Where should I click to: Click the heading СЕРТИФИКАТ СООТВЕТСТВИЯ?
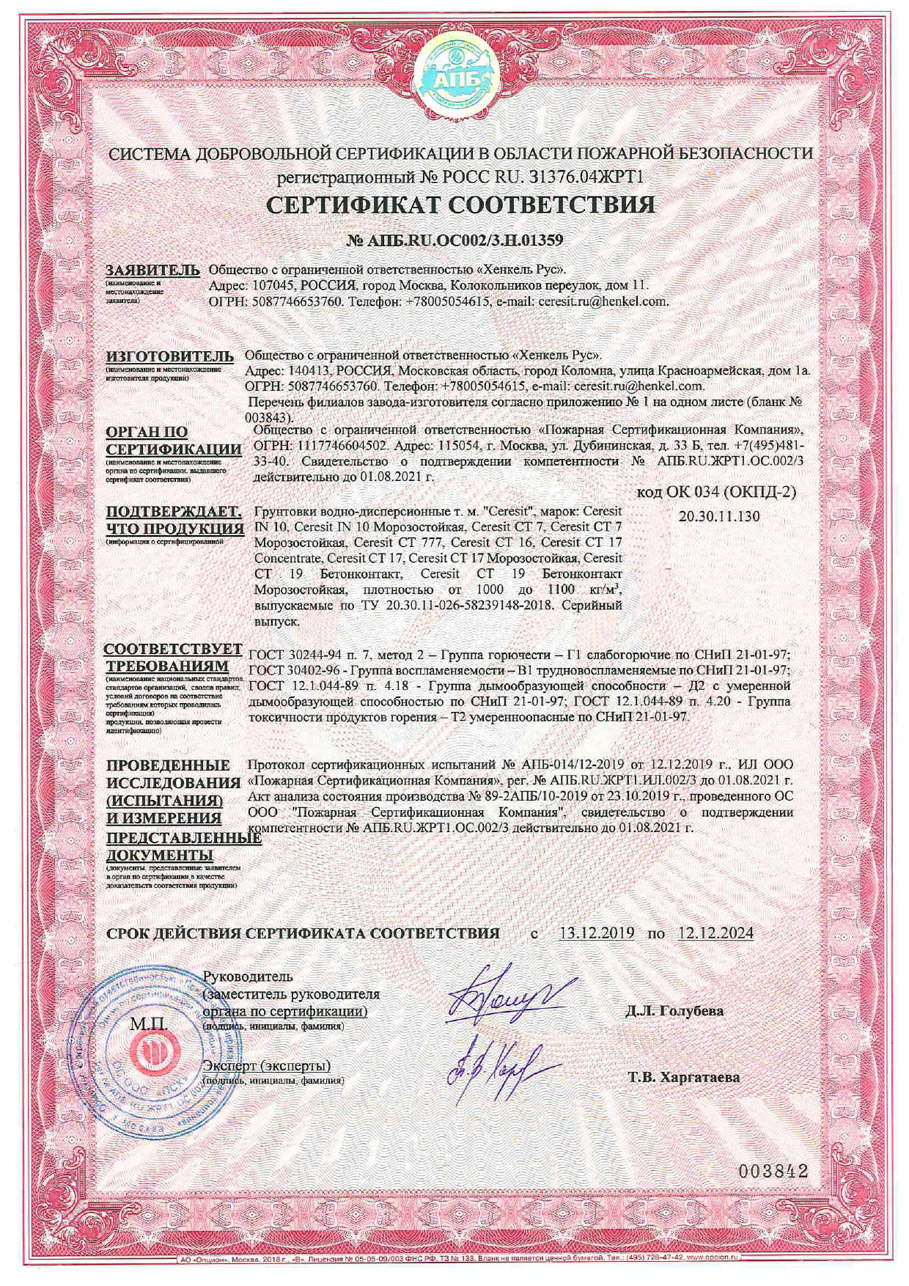point(460,204)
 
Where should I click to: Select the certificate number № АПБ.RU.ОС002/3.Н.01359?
point(454,240)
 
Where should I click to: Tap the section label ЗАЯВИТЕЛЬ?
point(152,269)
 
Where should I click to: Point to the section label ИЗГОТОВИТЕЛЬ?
point(170,356)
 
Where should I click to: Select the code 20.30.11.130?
point(719,516)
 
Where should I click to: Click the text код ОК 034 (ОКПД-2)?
point(715,491)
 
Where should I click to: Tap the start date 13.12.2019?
point(597,933)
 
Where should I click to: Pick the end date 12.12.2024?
point(715,933)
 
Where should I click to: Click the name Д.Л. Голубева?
point(674,1011)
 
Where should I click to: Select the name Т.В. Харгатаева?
point(683,1078)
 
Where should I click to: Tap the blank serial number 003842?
point(773,1171)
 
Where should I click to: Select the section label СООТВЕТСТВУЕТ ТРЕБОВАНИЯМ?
point(173,658)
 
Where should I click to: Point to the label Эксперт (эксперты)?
point(267,1065)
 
